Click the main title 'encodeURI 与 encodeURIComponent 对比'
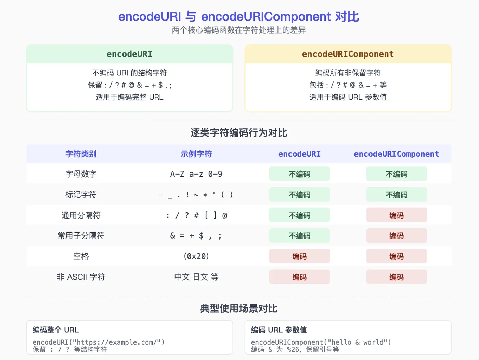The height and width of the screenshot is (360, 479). (x=238, y=16)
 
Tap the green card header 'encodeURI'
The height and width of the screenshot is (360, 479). (x=129, y=54)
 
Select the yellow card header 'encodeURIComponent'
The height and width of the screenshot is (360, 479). (x=348, y=54)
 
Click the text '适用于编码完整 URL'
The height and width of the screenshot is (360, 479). (x=129, y=97)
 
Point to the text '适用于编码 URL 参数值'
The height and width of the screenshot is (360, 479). (x=348, y=97)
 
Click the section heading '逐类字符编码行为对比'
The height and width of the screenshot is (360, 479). (x=238, y=133)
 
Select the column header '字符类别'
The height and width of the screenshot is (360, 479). (x=81, y=154)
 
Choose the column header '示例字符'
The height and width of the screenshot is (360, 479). (x=196, y=154)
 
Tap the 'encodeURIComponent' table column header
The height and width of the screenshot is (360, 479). (x=396, y=154)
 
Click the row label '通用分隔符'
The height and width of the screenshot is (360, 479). (x=81, y=215)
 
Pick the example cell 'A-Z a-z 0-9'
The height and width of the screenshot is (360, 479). (x=196, y=174)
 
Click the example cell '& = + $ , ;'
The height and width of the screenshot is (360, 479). (x=196, y=236)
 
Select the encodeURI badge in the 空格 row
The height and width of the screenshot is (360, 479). (x=299, y=256)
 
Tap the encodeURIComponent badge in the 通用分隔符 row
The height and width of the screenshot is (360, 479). (x=397, y=215)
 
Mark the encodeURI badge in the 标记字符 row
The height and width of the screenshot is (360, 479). (x=299, y=194)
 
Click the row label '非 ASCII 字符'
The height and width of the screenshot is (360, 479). (x=81, y=277)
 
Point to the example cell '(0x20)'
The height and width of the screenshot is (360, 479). (x=196, y=256)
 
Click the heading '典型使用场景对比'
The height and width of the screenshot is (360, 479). (x=238, y=309)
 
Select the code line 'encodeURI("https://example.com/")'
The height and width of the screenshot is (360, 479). (x=99, y=342)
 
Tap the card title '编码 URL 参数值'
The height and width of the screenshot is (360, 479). (x=279, y=330)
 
